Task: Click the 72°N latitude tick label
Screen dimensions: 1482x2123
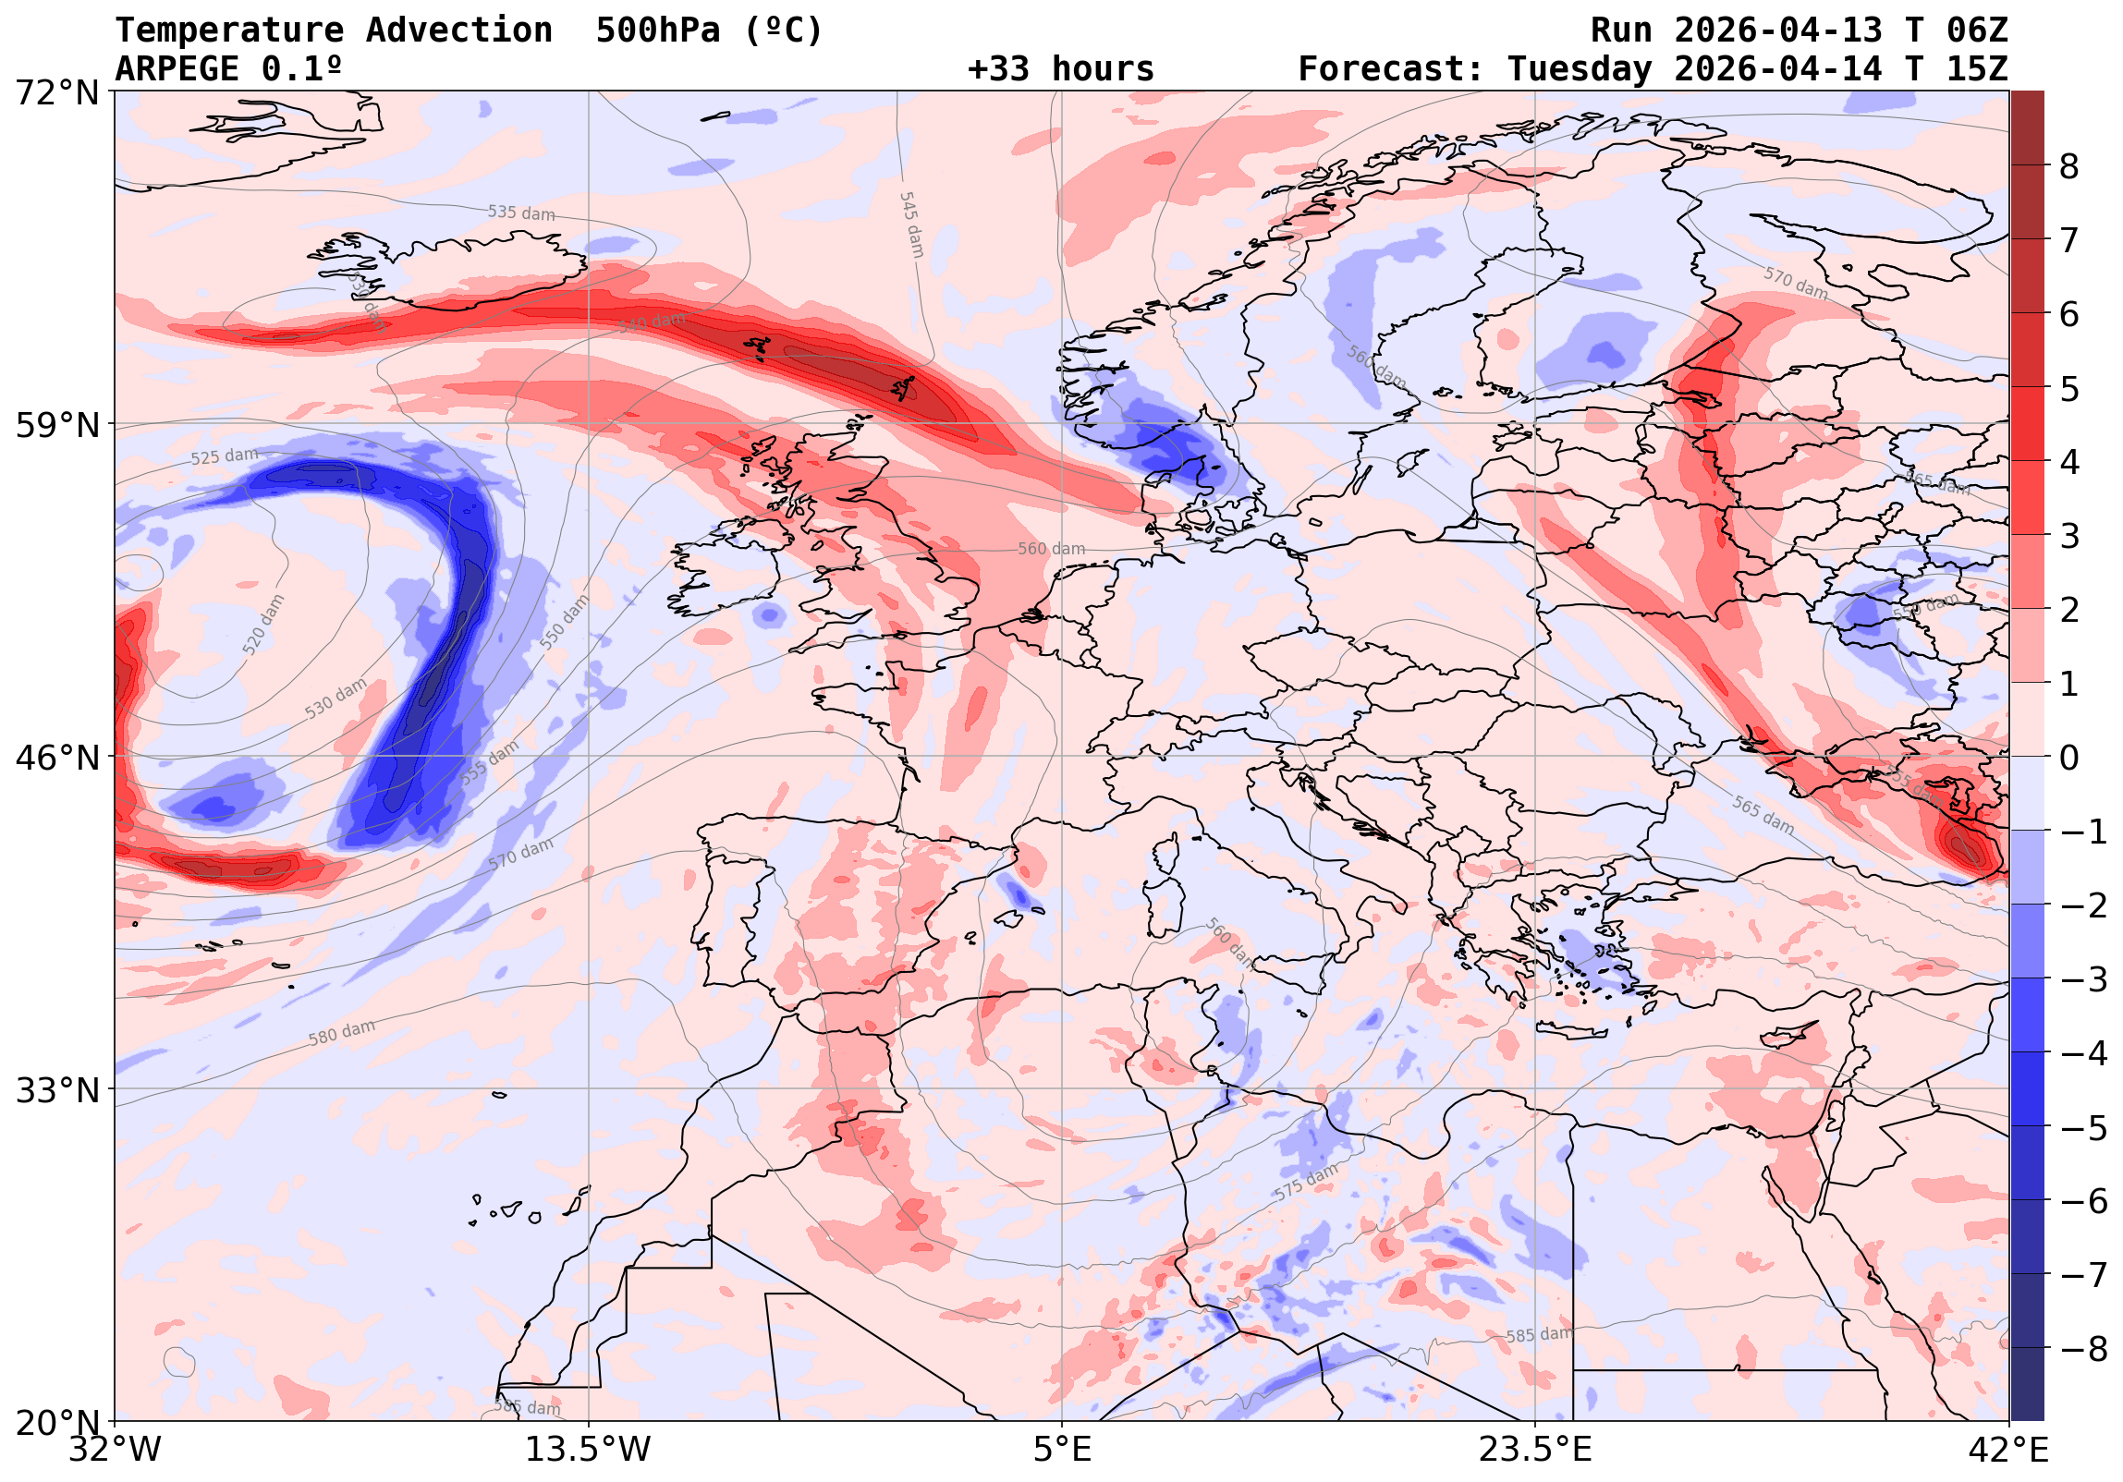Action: point(57,92)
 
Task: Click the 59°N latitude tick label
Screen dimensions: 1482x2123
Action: point(57,425)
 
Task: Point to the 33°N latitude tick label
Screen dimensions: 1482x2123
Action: point(57,1090)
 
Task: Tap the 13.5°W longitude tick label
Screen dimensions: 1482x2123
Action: point(588,1449)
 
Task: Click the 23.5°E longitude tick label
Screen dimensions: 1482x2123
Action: point(1535,1449)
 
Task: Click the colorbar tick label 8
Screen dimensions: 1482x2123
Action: point(2069,167)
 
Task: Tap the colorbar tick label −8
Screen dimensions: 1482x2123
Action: point(2084,1349)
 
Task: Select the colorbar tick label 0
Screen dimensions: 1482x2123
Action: point(2069,759)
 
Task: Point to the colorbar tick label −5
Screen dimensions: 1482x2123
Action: point(2084,1128)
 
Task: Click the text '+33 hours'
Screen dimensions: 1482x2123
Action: point(1060,69)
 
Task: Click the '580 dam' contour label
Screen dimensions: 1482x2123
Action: point(342,1032)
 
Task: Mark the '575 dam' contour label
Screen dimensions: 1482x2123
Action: point(1306,1183)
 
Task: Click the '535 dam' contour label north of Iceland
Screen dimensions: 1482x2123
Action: point(521,213)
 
